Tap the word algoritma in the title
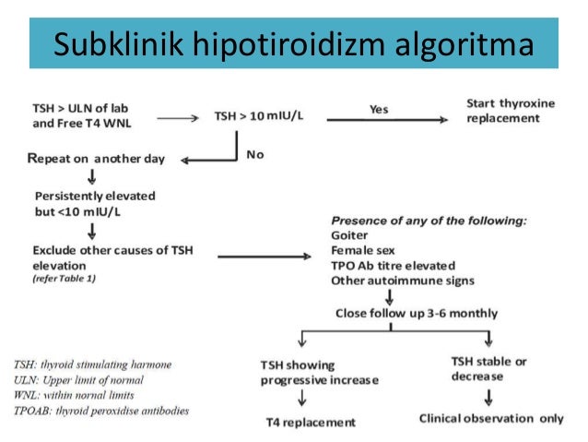point(453,43)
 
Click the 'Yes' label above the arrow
point(378,108)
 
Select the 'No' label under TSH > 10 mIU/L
point(255,154)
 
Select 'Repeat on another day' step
point(97,158)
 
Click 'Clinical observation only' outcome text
point(491,418)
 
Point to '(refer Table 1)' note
point(64,278)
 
